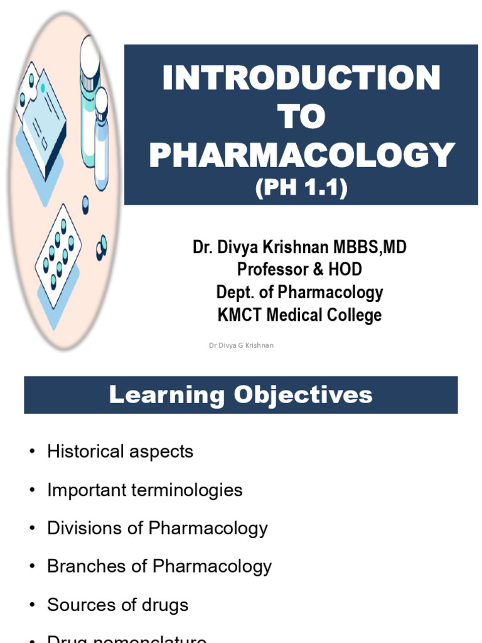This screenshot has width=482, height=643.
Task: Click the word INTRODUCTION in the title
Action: coord(301,78)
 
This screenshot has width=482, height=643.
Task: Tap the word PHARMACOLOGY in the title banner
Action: coord(301,154)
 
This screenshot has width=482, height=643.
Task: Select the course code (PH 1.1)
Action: coord(301,188)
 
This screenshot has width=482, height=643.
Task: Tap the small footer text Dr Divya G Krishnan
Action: coord(241,345)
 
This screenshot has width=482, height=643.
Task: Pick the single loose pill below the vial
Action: coord(85,205)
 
